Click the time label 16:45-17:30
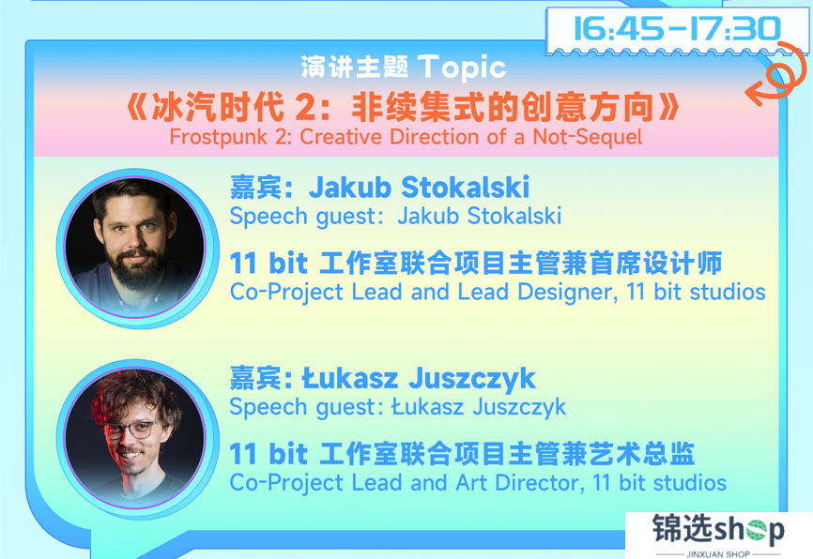(677, 28)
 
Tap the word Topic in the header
(462, 68)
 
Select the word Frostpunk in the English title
(218, 137)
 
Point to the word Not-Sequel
(588, 137)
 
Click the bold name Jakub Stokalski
(419, 187)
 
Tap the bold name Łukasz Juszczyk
(419, 379)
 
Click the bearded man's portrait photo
(135, 247)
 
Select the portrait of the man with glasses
(135, 438)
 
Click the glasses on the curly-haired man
(131, 430)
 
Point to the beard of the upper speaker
(136, 268)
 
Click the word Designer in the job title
(567, 293)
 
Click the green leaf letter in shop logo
(757, 530)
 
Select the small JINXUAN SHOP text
(718, 553)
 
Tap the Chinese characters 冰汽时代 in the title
(218, 107)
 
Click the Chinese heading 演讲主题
(355, 68)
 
